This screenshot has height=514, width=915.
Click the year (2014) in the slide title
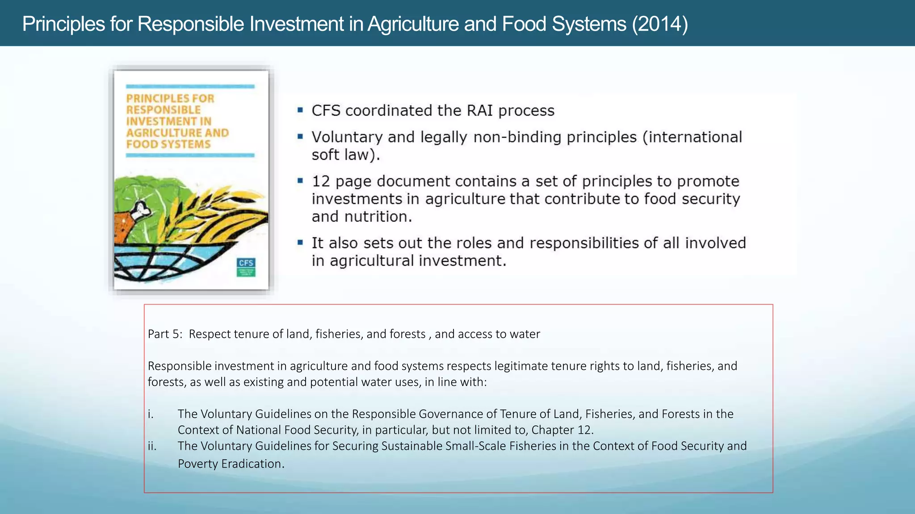click(660, 24)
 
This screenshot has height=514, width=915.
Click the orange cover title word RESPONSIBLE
click(164, 110)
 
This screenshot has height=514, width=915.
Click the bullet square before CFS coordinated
click(300, 110)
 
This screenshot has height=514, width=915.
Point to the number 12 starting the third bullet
click(321, 181)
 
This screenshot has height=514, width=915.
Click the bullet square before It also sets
click(300, 242)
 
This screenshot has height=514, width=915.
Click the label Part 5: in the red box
click(165, 334)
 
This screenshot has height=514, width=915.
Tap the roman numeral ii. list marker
click(152, 446)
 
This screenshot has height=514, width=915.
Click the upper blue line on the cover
click(190, 87)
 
